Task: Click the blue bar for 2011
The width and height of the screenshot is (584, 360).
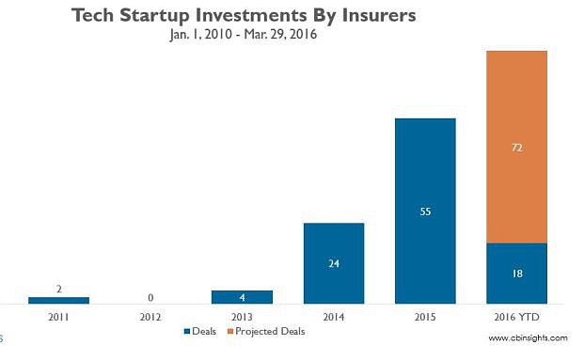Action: [x=58, y=300]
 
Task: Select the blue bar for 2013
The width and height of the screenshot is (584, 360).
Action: [x=242, y=297]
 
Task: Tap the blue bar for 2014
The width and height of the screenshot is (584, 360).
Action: [x=333, y=263]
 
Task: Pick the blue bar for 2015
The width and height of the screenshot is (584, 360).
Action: [x=425, y=211]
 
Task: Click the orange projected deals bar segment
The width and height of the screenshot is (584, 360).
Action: [x=516, y=147]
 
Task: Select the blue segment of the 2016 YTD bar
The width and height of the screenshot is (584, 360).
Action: [x=516, y=273]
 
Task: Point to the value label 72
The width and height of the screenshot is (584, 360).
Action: [x=516, y=148]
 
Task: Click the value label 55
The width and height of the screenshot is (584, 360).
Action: [x=425, y=212]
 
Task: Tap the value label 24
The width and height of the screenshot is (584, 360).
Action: [x=333, y=264]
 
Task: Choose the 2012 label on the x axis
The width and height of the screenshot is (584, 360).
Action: [x=150, y=318]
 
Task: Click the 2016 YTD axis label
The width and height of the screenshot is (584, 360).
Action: [x=516, y=318]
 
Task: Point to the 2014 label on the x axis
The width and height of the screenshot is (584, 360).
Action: [x=333, y=318]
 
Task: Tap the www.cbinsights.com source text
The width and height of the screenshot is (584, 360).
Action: [x=528, y=337]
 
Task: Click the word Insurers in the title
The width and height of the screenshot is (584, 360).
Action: [x=369, y=16]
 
